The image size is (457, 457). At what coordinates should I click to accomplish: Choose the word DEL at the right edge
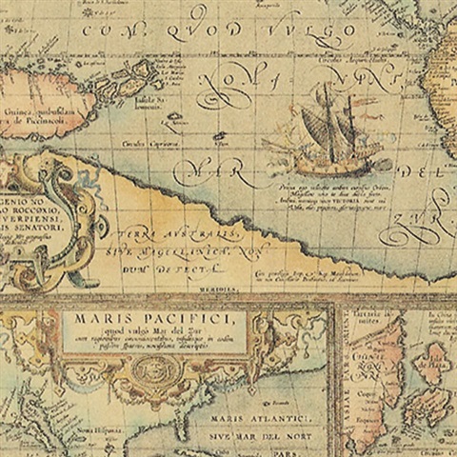pos(434,174)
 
